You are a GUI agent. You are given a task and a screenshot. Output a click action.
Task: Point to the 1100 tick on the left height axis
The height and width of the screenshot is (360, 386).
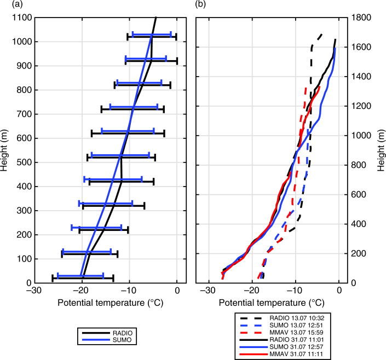tap(22, 18)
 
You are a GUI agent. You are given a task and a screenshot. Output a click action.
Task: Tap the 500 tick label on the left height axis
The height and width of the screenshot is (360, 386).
tap(22, 162)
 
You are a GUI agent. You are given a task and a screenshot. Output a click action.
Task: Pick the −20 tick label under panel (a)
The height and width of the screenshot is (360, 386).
tap(82, 290)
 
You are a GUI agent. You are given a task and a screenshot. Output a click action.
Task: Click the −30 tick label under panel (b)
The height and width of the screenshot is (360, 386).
tap(208, 290)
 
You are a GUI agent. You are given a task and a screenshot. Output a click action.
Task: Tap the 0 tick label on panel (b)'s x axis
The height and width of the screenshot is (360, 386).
tap(339, 290)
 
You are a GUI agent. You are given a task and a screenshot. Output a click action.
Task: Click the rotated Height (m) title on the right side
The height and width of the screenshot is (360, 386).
tap(382, 150)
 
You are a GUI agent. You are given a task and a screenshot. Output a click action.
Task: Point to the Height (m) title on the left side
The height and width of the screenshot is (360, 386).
tap(5, 150)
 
